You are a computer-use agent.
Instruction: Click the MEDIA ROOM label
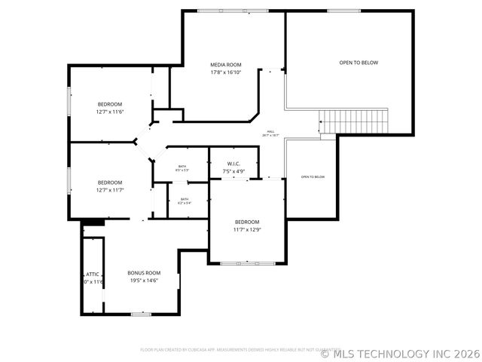coord(225,65)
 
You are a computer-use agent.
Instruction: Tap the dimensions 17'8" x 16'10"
coord(225,72)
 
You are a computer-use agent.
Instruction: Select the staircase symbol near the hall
coord(353,120)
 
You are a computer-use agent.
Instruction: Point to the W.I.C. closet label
coord(233,164)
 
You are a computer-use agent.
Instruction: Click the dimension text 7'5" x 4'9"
coord(233,172)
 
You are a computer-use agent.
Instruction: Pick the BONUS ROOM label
coord(143,272)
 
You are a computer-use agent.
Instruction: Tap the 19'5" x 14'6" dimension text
coord(143,280)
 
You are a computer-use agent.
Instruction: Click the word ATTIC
coord(92,274)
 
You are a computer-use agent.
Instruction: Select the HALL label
coord(270,131)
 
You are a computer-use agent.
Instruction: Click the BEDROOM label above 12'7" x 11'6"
coord(109,104)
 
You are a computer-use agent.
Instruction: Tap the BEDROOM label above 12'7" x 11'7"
coord(109,183)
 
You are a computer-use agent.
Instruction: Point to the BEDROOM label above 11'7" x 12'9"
coord(247,222)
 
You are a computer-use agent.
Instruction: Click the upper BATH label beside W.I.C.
coord(182,166)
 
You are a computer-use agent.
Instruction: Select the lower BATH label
coord(185,199)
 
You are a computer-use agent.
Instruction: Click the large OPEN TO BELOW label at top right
coord(358,63)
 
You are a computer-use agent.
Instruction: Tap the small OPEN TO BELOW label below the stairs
coord(313,176)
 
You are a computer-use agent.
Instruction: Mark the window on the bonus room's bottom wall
coord(141,314)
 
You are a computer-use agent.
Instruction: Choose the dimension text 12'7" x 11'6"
coord(109,112)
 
